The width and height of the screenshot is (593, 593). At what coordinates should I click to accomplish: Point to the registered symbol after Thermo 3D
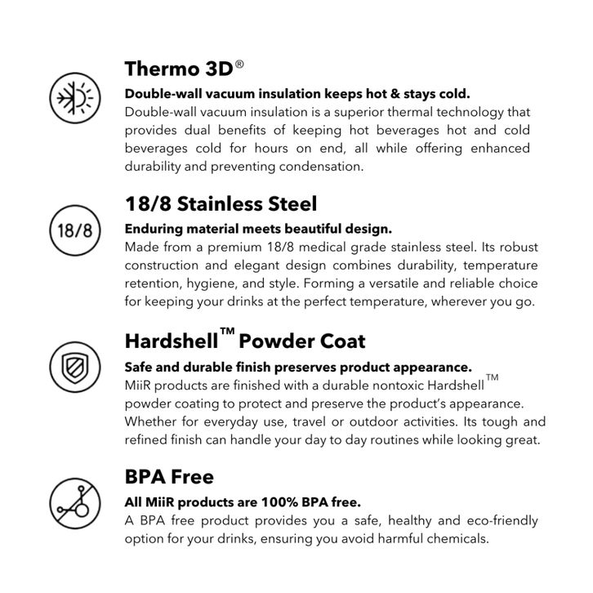point(239,62)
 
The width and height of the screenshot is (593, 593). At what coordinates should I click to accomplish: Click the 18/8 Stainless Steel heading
point(221,203)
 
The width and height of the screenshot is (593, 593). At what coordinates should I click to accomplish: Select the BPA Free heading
point(169,476)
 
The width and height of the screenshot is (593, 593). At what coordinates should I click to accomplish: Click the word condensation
point(319,166)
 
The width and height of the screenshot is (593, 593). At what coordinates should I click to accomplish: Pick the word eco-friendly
point(501,520)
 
